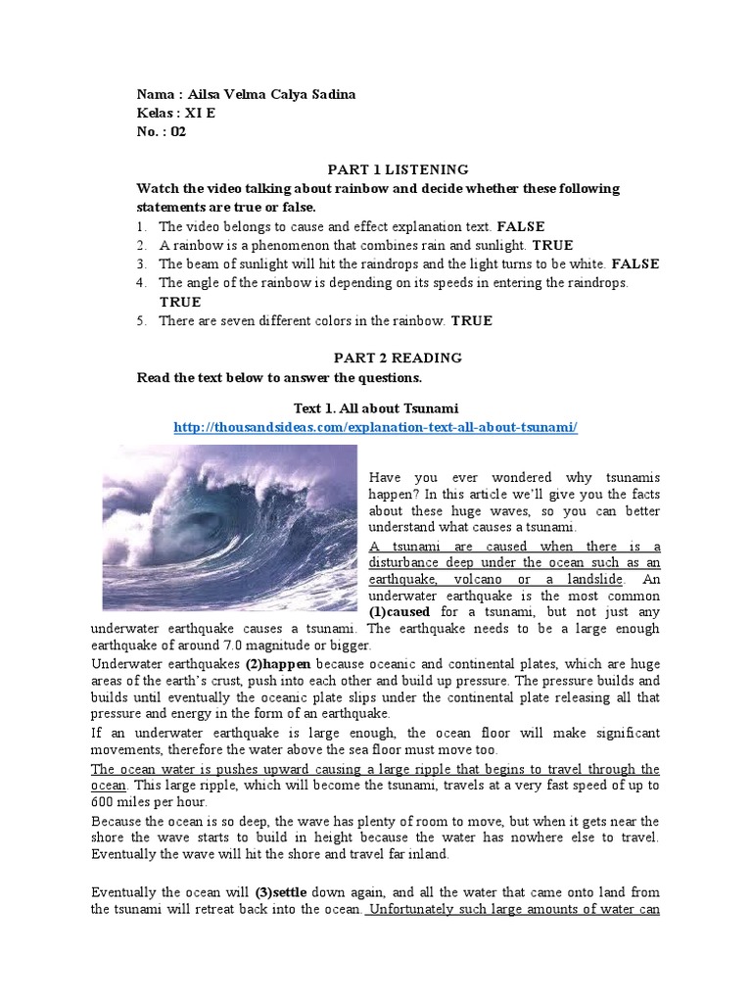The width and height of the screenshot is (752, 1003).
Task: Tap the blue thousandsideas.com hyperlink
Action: (376, 427)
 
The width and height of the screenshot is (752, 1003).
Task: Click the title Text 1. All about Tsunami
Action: (376, 407)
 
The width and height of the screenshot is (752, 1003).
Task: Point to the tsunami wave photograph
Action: (231, 527)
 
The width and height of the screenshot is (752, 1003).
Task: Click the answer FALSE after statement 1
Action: (521, 226)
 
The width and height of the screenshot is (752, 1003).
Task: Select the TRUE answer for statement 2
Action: (554, 245)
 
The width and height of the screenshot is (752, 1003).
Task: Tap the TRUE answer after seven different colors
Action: (473, 321)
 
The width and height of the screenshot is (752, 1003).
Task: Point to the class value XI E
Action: (201, 114)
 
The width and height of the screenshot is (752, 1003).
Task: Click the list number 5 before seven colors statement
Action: (141, 321)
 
